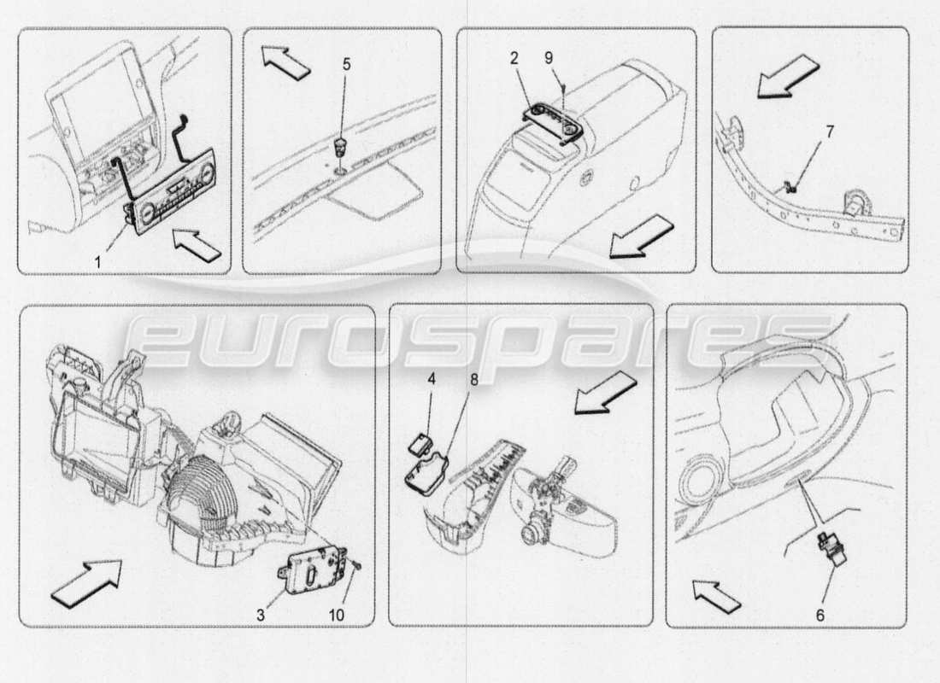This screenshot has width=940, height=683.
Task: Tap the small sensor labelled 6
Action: coord(828,546)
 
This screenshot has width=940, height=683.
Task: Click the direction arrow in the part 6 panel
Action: coord(715,595)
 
